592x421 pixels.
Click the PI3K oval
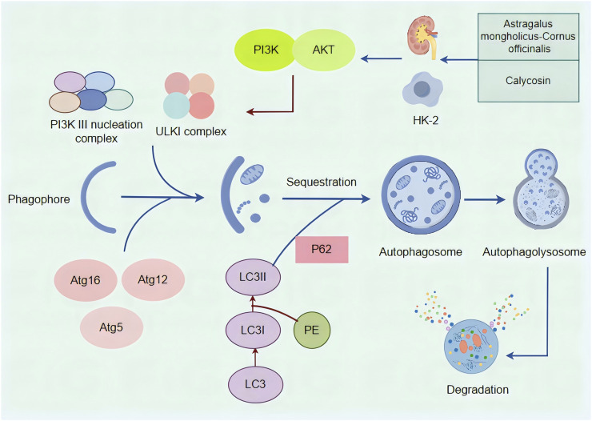[264, 50]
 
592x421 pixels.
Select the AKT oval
[324, 50]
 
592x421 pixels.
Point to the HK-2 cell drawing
[422, 90]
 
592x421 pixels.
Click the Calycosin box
[528, 81]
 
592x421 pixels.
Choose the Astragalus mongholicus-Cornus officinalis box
[528, 37]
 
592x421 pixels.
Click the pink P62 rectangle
[322, 249]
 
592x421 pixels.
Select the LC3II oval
[253, 277]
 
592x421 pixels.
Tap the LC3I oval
[253, 330]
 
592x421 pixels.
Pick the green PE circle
[312, 330]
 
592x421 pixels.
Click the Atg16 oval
[86, 280]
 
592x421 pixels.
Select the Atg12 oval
[153, 279]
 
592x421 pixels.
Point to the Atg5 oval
[111, 327]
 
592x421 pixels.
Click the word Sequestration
[322, 182]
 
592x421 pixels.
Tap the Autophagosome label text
[421, 252]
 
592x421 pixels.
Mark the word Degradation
[478, 389]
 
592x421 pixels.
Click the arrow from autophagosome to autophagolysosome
[484, 199]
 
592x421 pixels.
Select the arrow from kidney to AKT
[381, 58]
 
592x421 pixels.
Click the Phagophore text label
[39, 199]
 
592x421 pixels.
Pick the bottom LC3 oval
[255, 384]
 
